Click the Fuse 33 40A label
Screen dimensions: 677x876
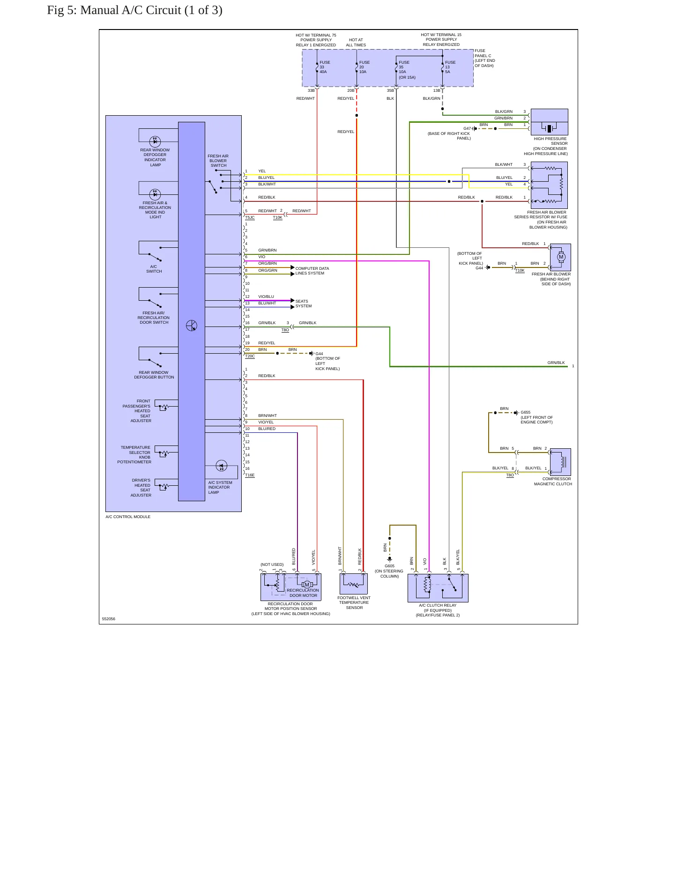[x=325, y=67]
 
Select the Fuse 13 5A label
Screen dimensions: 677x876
[x=450, y=67]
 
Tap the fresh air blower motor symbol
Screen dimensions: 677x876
[x=561, y=257]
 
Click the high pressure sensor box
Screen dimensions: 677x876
[x=549, y=122]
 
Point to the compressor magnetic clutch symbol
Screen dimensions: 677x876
[x=560, y=462]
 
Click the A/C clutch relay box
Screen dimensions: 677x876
[x=438, y=588]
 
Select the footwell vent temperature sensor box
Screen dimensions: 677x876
[x=354, y=584]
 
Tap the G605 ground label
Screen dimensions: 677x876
[x=389, y=566]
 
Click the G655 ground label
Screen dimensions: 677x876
[x=526, y=413]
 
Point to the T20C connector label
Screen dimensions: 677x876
[x=250, y=356]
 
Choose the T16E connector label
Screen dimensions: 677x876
[x=250, y=475]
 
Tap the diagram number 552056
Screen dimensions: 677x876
[x=109, y=619]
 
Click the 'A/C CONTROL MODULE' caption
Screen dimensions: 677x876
[x=128, y=517]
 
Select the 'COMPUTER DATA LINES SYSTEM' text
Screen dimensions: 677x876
[x=312, y=271]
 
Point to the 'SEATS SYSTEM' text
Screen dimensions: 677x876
[x=303, y=304]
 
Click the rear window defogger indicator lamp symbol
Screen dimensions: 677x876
[x=155, y=141]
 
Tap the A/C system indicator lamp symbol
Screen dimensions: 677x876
[x=222, y=466]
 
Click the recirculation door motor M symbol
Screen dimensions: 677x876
[x=307, y=585]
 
